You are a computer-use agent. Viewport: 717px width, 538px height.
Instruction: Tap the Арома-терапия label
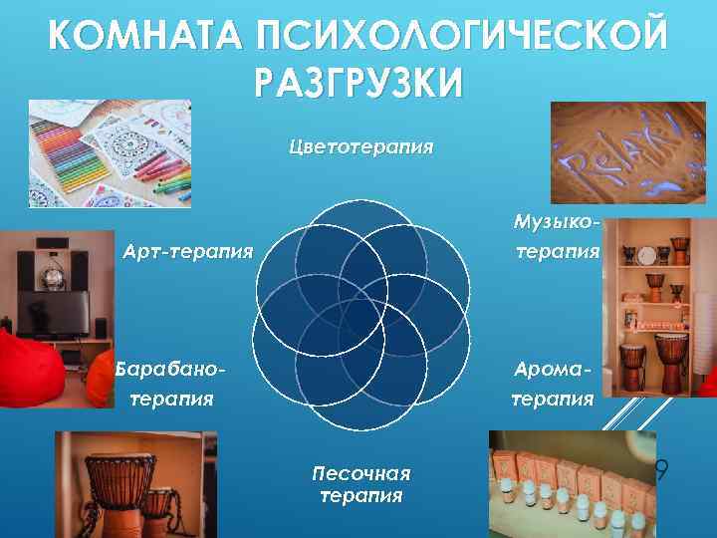(x=553, y=384)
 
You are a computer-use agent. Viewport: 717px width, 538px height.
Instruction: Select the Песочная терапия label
(x=360, y=483)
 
